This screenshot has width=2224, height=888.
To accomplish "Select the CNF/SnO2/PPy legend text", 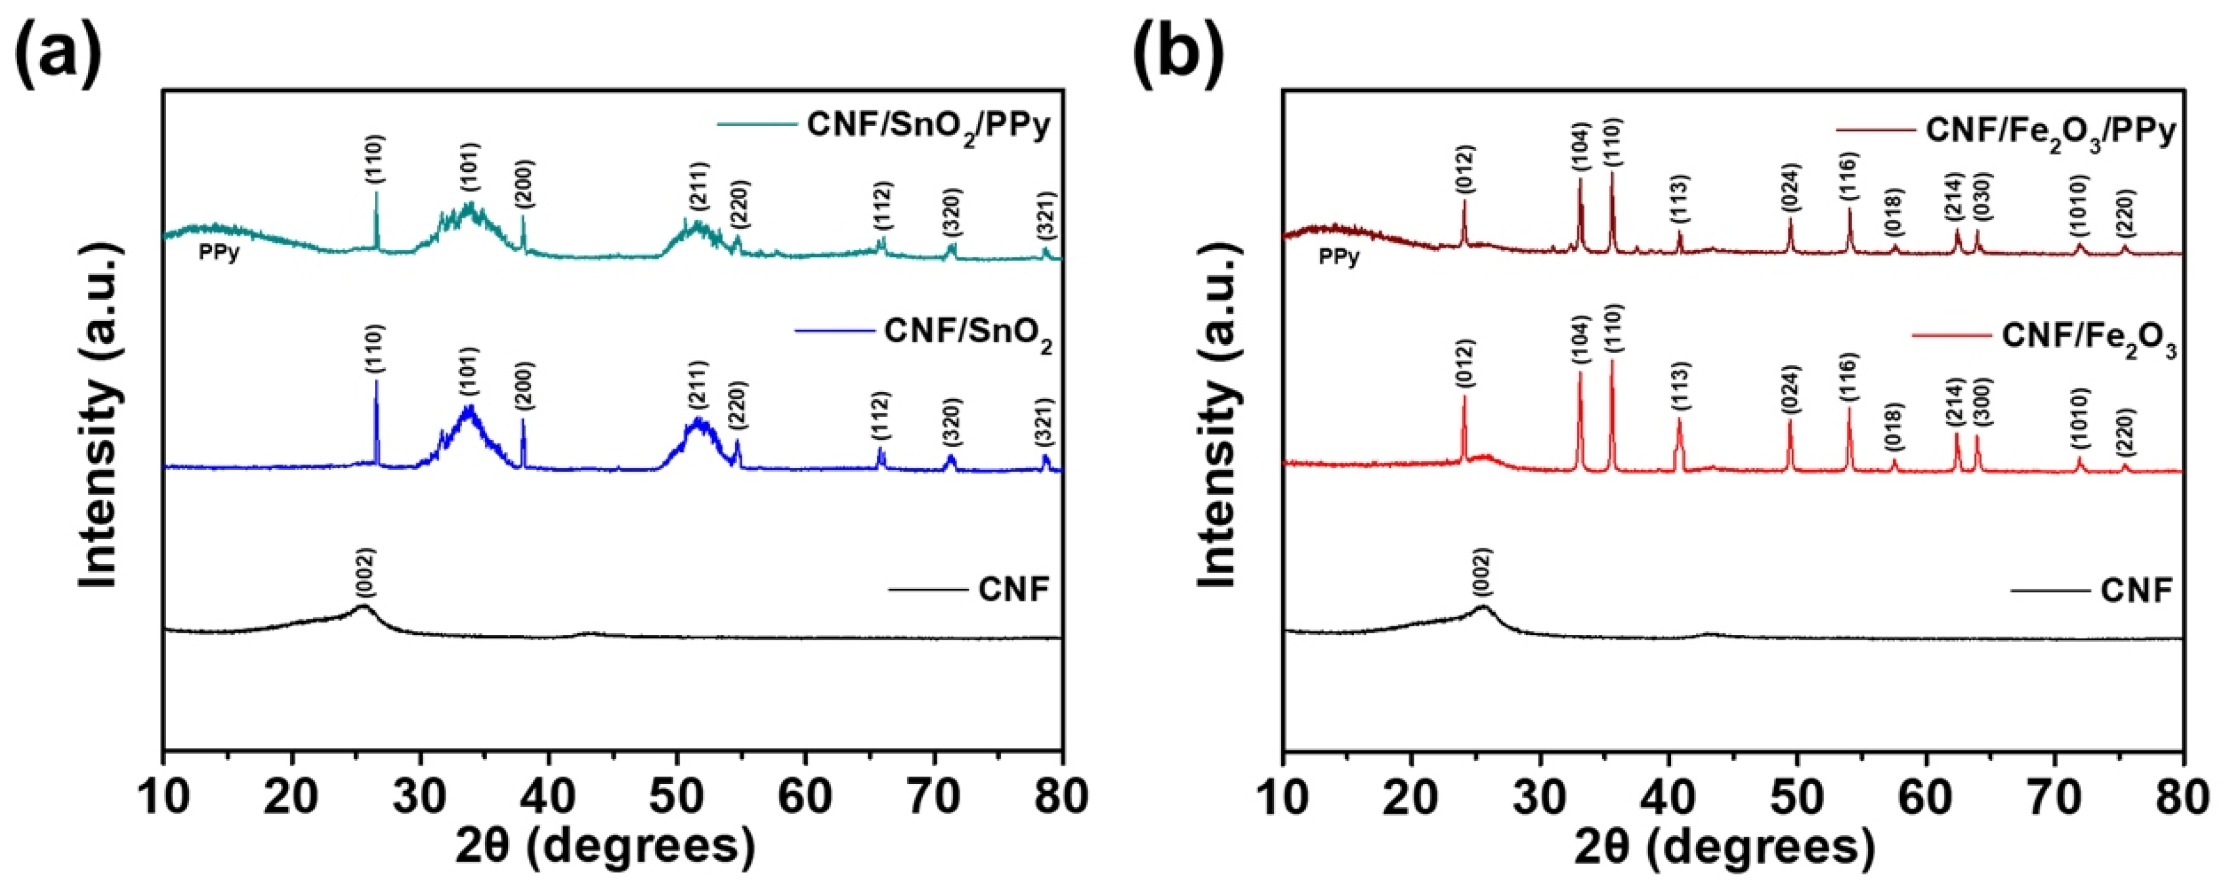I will click(x=928, y=126).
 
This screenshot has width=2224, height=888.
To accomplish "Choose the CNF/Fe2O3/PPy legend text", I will click(x=2050, y=132).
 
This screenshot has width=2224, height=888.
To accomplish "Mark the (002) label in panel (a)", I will click(x=365, y=572).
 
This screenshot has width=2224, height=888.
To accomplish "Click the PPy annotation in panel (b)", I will click(x=1338, y=257).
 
